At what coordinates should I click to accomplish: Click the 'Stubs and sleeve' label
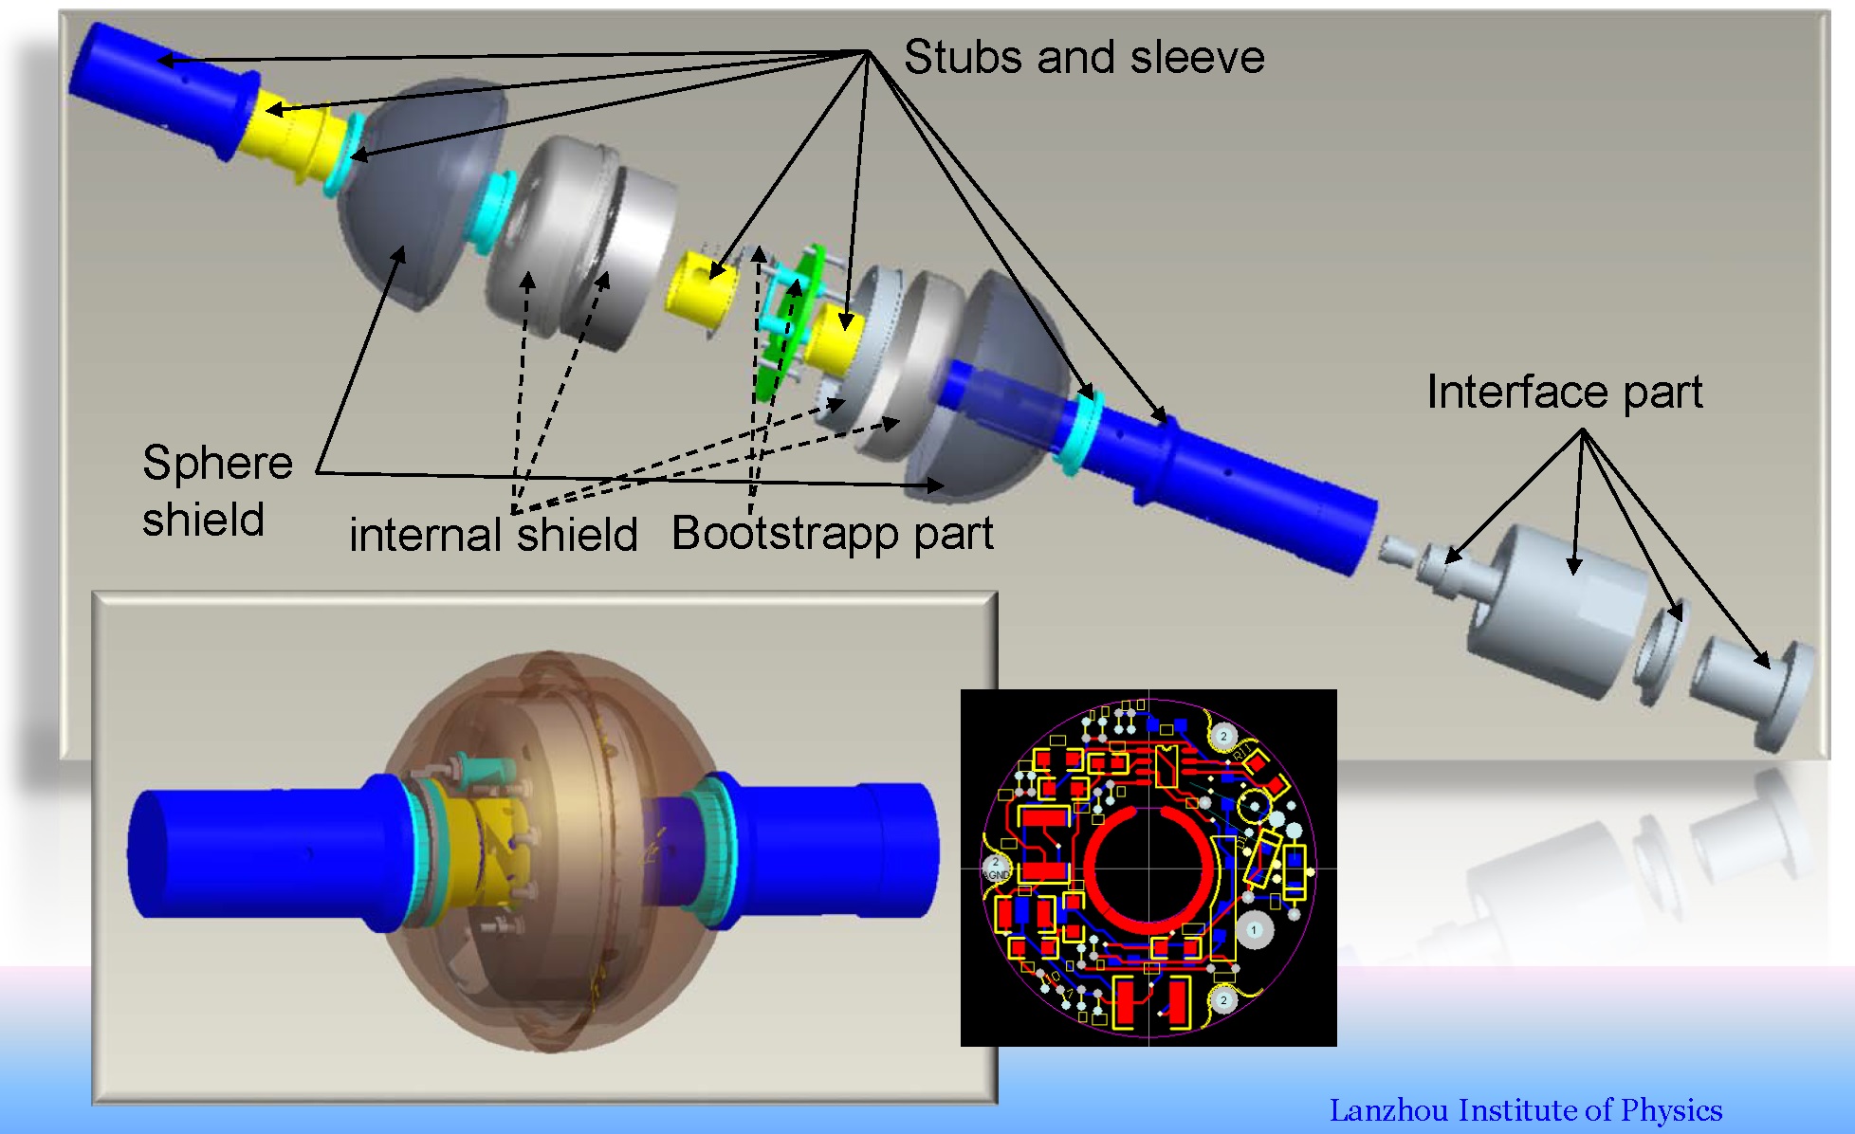pyautogui.click(x=1083, y=57)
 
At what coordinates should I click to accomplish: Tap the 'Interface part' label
pyautogui.click(x=1564, y=392)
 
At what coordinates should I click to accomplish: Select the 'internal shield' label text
pyautogui.click(x=493, y=534)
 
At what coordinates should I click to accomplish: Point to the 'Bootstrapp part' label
pyautogui.click(x=832, y=533)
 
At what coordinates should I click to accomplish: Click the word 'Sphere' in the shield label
pyautogui.click(x=217, y=463)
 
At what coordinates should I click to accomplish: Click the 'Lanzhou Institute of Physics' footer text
pyautogui.click(x=1525, y=1109)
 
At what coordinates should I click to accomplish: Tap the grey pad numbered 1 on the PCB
pyautogui.click(x=1253, y=930)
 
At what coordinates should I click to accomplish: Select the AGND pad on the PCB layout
pyautogui.click(x=995, y=868)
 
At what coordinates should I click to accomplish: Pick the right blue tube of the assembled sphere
pyautogui.click(x=835, y=849)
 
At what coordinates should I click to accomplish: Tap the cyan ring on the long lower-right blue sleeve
pyautogui.click(x=1081, y=431)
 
